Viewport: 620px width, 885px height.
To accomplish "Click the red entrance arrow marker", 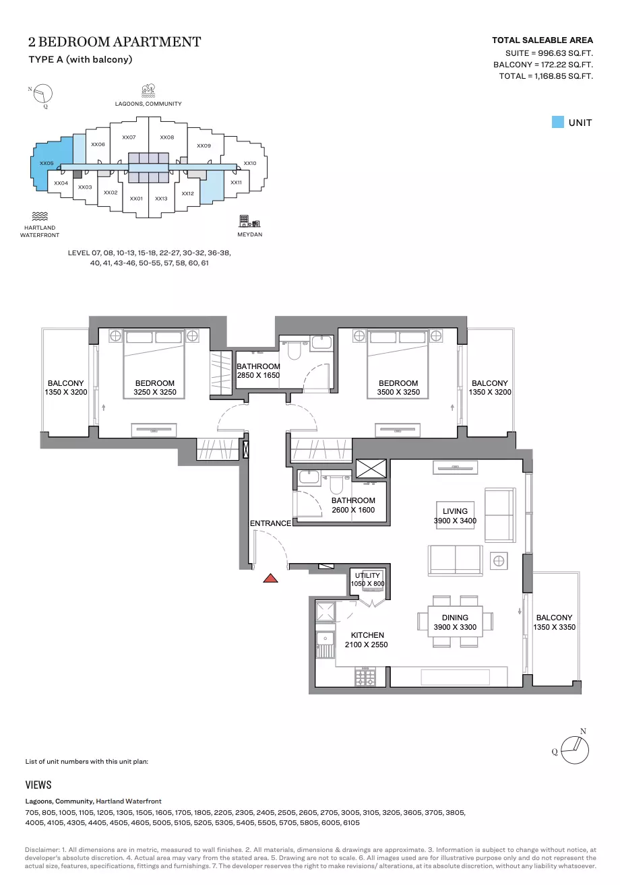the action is click(x=270, y=579).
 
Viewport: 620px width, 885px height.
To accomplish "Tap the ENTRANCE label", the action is click(x=270, y=523).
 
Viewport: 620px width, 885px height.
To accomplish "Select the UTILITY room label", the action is click(x=367, y=576).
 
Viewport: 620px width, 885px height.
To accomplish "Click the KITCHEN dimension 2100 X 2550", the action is click(x=366, y=645).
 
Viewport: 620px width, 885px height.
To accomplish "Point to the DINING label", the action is click(x=455, y=618).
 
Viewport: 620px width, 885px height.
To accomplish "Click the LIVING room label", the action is click(x=455, y=511).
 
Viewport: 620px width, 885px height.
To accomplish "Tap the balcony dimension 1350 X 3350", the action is click(x=554, y=627).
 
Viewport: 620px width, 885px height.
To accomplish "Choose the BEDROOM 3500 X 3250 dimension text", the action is click(x=398, y=392).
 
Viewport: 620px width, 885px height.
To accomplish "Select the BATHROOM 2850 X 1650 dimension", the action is click(x=258, y=375).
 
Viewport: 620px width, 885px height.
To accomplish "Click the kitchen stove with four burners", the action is click(x=365, y=677).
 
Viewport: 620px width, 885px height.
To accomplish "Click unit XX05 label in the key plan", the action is click(x=46, y=163).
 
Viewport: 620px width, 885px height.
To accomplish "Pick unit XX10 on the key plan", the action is click(x=250, y=163).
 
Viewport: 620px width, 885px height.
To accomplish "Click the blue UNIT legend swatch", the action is click(x=557, y=122).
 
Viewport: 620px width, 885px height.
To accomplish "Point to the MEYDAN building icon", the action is click(x=249, y=221).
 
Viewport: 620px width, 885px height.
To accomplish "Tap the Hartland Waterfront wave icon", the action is click(x=40, y=216).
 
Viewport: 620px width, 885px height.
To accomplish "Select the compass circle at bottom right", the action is click(x=575, y=750).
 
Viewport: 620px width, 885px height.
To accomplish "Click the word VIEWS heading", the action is click(x=38, y=785).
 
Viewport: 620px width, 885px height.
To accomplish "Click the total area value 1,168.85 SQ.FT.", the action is click(x=563, y=76).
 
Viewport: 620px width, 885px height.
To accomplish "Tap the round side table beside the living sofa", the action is click(x=499, y=560).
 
